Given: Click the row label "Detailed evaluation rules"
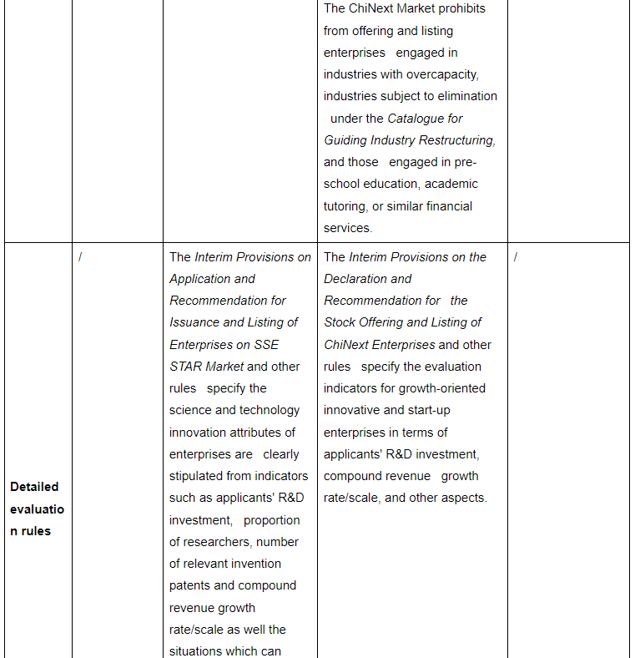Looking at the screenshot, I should click(x=36, y=509).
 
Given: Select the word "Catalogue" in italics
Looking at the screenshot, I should click(x=425, y=119).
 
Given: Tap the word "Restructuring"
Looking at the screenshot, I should click(x=456, y=140).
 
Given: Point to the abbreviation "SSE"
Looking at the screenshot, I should click(x=265, y=345).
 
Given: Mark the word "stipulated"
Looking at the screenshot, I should click(x=199, y=476).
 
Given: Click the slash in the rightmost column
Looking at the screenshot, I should click(x=516, y=257).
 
